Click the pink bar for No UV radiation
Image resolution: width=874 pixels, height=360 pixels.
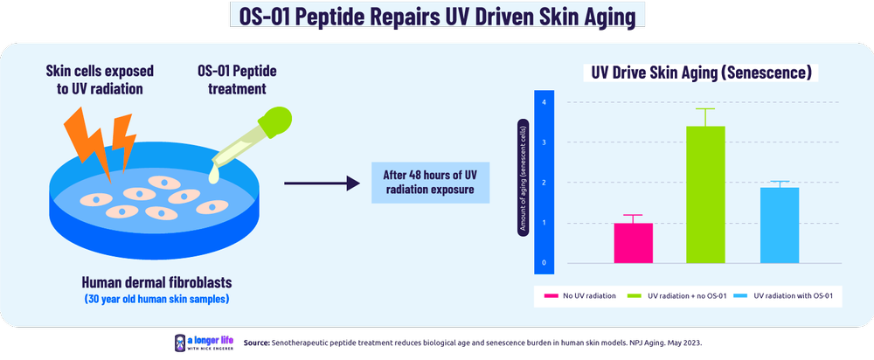(633, 243)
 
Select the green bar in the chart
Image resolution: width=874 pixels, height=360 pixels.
(705, 194)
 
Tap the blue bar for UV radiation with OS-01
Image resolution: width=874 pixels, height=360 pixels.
(779, 225)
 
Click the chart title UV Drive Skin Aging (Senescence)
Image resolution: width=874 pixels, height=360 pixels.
(699, 73)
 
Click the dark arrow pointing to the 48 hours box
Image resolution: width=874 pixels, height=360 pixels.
(323, 183)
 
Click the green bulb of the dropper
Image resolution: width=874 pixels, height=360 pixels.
(279, 121)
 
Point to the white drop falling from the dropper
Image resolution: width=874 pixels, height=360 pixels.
(212, 176)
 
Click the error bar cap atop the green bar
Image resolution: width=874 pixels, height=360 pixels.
(705, 109)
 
